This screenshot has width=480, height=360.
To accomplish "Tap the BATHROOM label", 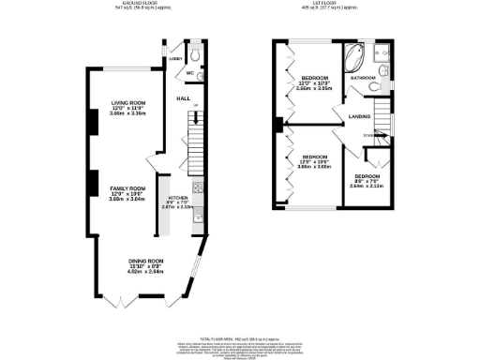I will [365, 77].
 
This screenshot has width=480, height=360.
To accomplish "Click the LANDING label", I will [359, 115].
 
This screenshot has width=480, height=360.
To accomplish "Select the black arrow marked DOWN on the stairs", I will [380, 135].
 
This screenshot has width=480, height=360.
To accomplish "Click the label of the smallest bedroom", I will [367, 176].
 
